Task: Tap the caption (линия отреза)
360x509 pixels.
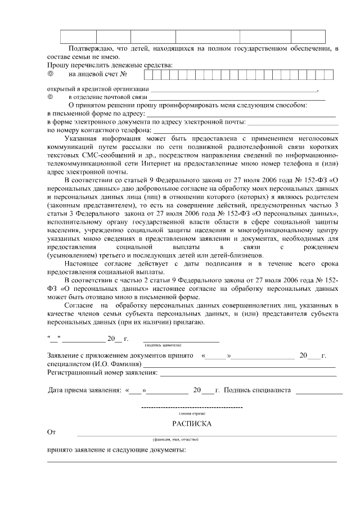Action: (192, 413)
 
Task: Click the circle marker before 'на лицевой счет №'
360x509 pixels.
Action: (50, 74)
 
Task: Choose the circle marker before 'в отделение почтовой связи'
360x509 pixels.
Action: (50, 97)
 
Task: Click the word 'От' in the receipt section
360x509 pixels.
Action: (52, 433)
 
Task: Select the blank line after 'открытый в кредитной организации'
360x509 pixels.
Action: (233, 90)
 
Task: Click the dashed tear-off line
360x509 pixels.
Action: (192, 407)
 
